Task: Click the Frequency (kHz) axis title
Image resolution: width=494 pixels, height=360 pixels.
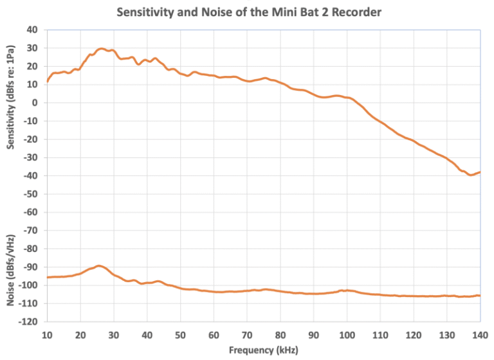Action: coord(264,350)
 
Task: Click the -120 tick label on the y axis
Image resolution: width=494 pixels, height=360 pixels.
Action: coord(30,321)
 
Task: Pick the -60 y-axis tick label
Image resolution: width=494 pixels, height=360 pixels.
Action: coord(32,212)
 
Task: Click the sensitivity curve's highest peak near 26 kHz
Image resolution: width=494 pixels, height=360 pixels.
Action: coord(101,48)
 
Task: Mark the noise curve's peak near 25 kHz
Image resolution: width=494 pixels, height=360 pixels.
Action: coord(98,265)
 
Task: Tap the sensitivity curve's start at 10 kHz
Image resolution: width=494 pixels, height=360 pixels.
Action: coord(47,81)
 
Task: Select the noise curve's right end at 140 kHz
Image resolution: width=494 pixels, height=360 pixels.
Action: coord(480,295)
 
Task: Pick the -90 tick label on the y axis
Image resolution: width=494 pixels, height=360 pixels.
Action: coord(32,266)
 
